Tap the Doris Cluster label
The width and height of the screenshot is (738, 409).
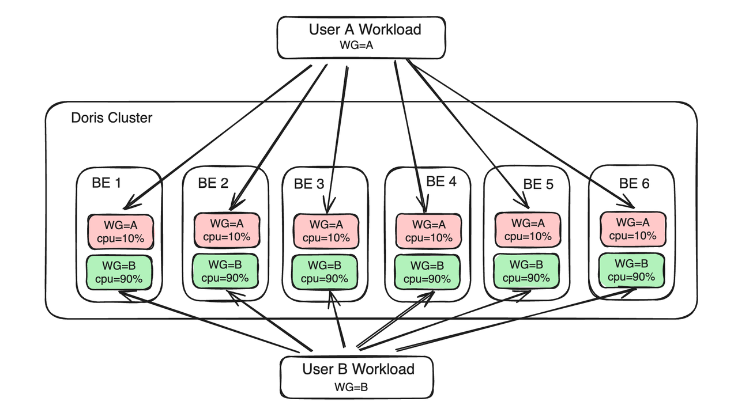click(112, 118)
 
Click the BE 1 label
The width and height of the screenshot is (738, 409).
click(107, 184)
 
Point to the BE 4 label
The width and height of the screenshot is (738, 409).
click(441, 182)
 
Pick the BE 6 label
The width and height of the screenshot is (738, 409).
click(634, 184)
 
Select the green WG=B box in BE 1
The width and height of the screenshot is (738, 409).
click(119, 271)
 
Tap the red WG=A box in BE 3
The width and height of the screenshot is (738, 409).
click(326, 230)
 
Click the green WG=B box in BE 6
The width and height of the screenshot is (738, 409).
click(632, 270)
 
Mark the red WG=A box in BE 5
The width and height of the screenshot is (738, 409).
click(528, 230)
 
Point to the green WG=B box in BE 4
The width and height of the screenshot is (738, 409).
click(428, 272)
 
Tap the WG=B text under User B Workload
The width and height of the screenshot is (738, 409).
click(351, 387)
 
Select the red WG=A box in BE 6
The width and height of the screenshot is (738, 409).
click(632, 229)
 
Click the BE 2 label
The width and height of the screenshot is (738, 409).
click(213, 183)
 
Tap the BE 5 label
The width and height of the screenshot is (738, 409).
click(538, 184)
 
